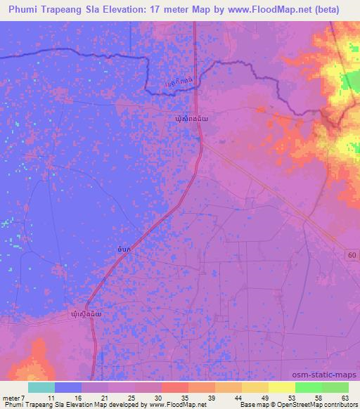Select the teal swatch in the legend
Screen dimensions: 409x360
[41, 387]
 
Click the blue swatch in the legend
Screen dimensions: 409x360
[68, 387]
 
